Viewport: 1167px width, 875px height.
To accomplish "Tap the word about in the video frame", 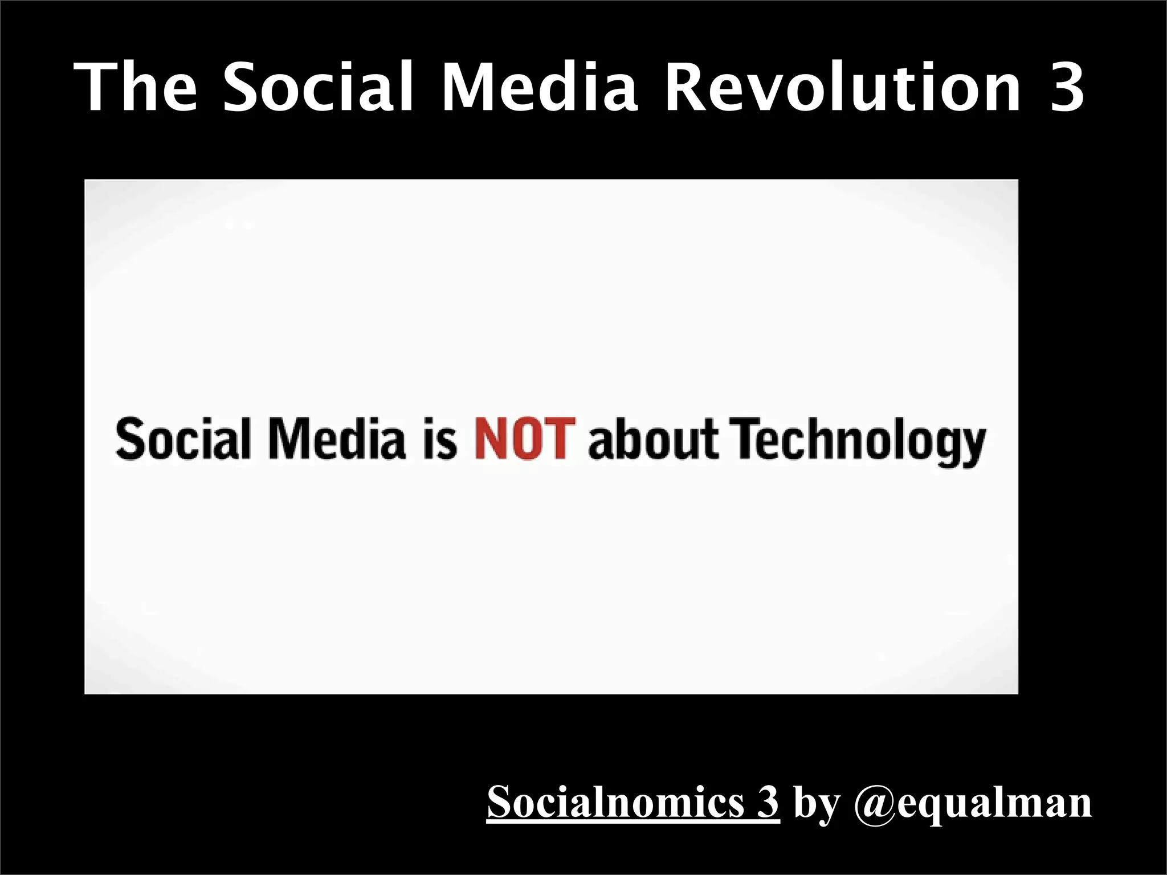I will [653, 439].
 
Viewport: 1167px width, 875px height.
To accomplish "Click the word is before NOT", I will [440, 440].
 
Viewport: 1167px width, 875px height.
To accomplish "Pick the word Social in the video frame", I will [183, 439].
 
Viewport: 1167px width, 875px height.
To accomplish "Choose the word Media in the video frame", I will [337, 439].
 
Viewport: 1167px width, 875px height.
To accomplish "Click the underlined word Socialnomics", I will [615, 802].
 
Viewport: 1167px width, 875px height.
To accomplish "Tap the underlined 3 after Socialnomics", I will [768, 802].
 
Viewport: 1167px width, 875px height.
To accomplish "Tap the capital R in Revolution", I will [684, 87].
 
